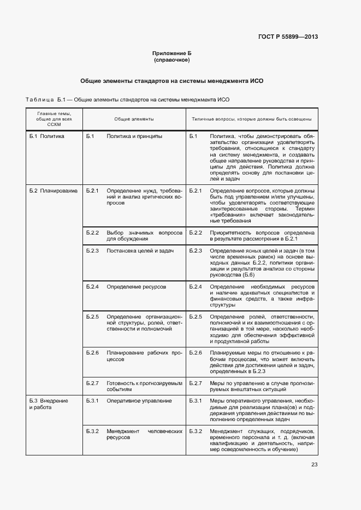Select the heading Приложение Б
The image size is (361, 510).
172,53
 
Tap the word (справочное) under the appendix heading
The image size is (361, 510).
172,60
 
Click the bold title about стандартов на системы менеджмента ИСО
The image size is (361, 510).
172,81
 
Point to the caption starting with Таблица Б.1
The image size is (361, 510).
127,100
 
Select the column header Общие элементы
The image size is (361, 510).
134,118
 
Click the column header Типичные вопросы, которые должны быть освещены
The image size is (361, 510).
251,118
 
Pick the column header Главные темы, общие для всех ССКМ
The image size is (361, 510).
54,118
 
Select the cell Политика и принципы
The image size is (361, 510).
134,136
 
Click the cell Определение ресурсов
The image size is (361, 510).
136,286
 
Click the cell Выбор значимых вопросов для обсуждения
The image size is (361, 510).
144,236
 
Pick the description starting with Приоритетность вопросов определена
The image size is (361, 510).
262,236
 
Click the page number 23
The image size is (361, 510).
314,465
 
